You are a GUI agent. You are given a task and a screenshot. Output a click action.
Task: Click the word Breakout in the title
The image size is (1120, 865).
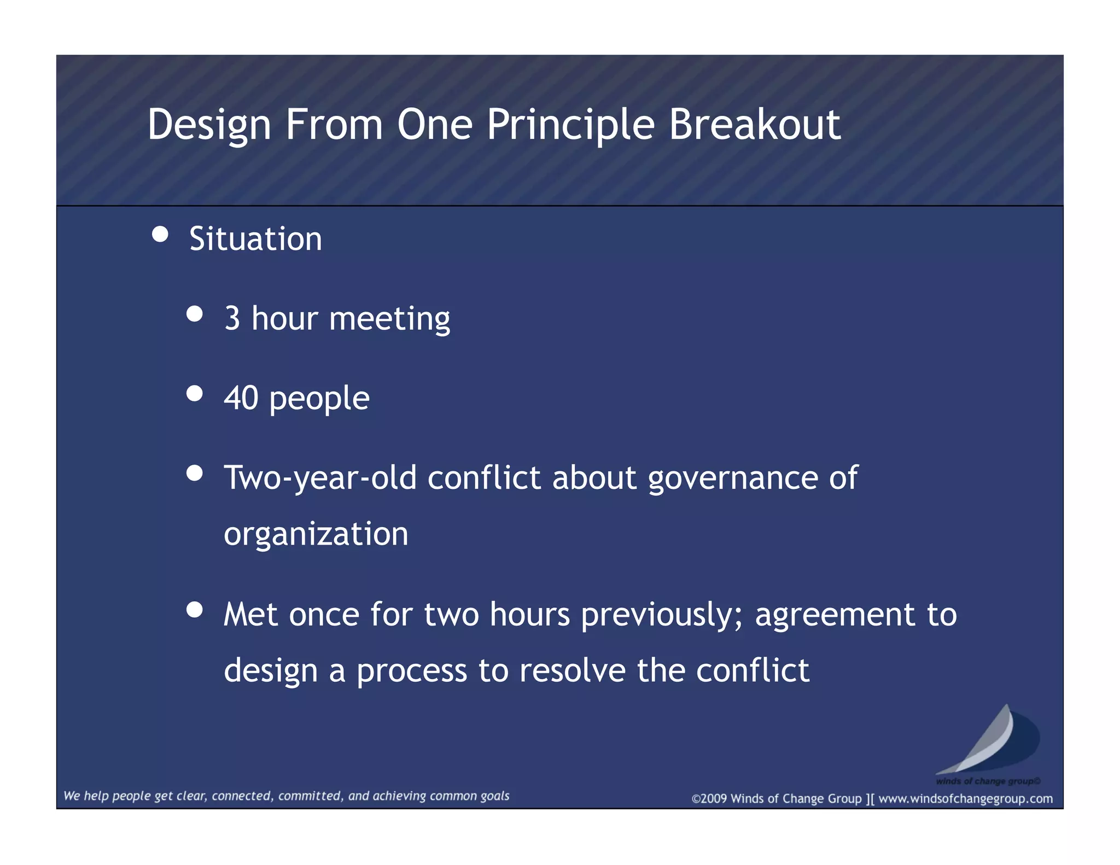coord(754,125)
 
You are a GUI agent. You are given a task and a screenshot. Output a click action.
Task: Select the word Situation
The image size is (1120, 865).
coord(255,239)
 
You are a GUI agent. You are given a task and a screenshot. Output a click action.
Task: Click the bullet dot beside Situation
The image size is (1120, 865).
coord(160,235)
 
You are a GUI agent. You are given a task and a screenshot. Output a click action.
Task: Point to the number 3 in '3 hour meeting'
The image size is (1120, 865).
coord(232,318)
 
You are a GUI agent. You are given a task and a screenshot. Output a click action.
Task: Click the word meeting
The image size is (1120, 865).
coord(389,319)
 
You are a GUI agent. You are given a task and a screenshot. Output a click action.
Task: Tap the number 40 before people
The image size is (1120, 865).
coord(241,398)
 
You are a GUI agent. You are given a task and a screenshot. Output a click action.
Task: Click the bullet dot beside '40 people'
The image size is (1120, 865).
coord(194,394)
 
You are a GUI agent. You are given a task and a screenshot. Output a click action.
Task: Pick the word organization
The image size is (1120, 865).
coord(316,534)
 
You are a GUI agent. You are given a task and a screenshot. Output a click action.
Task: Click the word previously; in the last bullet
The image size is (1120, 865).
coord(662,615)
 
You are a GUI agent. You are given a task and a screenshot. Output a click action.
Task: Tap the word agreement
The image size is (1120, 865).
coord(835,615)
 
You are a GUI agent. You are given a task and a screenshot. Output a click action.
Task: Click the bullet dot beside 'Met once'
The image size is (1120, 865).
coord(194,609)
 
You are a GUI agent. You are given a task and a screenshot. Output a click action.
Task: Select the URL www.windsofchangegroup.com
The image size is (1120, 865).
coord(965,799)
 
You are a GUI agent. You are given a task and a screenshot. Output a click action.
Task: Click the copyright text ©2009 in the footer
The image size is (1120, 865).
coord(709,799)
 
